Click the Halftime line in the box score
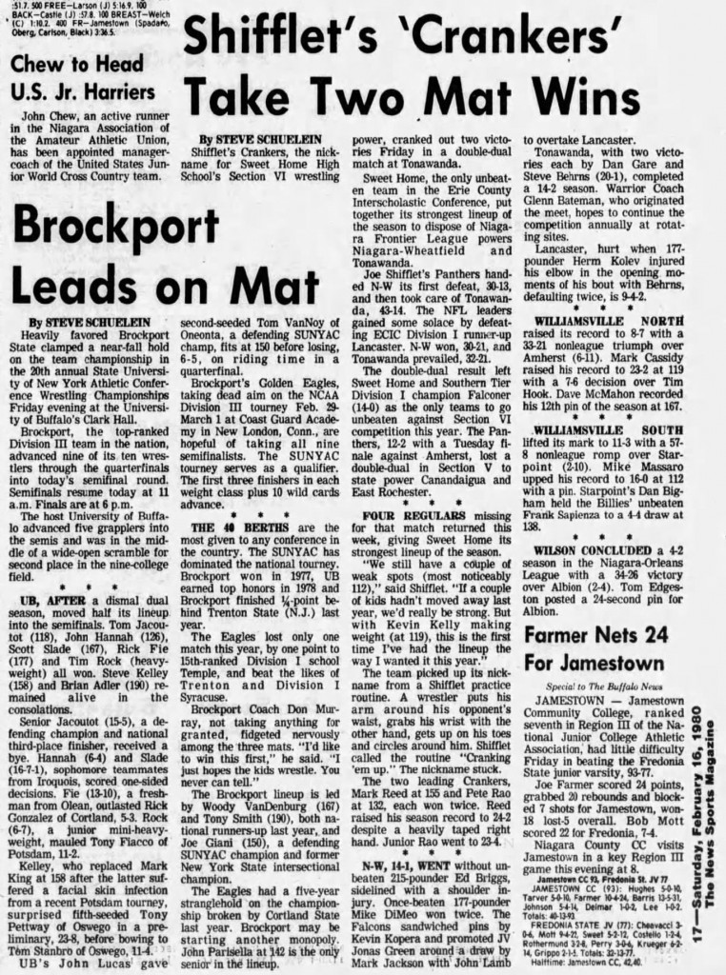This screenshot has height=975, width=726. pyautogui.click(x=595, y=958)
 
